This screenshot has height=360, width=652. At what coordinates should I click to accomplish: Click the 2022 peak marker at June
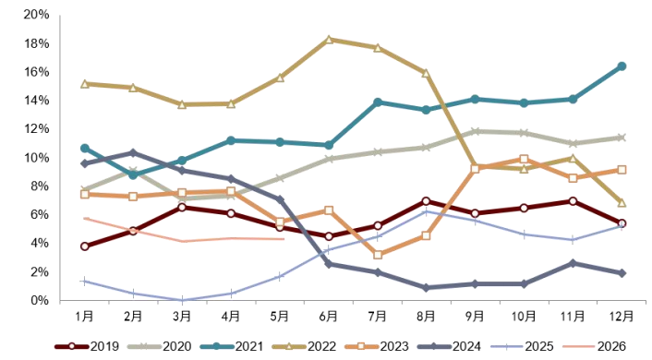click(x=329, y=40)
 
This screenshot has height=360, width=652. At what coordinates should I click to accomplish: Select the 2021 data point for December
click(x=622, y=66)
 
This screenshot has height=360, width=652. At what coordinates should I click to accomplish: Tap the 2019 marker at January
click(x=85, y=246)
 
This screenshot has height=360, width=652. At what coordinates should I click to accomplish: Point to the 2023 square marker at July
click(x=378, y=255)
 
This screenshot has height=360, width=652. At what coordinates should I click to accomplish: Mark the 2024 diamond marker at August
click(x=426, y=288)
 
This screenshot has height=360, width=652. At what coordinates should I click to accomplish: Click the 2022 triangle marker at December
click(x=622, y=202)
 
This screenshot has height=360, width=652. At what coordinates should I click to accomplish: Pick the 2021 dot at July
click(x=378, y=102)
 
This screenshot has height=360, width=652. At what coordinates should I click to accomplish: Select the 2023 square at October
click(x=524, y=159)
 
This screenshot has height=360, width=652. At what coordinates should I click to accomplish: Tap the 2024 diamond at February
click(x=133, y=153)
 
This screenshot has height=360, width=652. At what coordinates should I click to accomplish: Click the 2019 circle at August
click(x=426, y=201)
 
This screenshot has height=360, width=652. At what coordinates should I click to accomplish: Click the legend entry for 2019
click(x=87, y=346)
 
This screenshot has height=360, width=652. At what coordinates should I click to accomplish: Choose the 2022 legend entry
click(x=304, y=346)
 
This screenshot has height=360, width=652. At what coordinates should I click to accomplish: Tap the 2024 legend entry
click(x=449, y=346)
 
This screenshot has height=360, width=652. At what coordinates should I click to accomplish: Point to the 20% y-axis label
click(x=37, y=15)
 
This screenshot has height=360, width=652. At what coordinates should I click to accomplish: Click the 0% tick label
click(x=40, y=300)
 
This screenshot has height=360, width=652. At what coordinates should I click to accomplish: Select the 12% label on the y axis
click(x=37, y=129)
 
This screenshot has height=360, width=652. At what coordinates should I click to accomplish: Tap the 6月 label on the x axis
click(x=328, y=317)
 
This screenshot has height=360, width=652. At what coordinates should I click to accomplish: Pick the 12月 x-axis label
click(x=622, y=317)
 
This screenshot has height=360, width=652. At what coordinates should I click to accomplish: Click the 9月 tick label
click(x=475, y=317)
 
